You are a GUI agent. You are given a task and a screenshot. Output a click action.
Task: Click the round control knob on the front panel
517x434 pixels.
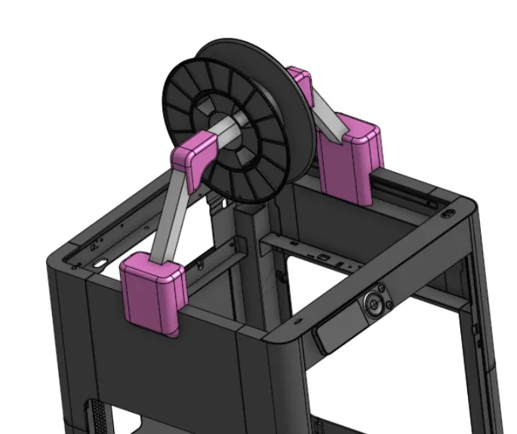374,304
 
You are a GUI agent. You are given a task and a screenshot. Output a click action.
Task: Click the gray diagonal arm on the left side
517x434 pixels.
171,215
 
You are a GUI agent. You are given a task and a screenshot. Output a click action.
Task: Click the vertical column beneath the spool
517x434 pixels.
253,264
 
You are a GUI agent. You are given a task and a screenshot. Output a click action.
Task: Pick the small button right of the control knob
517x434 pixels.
389,304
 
